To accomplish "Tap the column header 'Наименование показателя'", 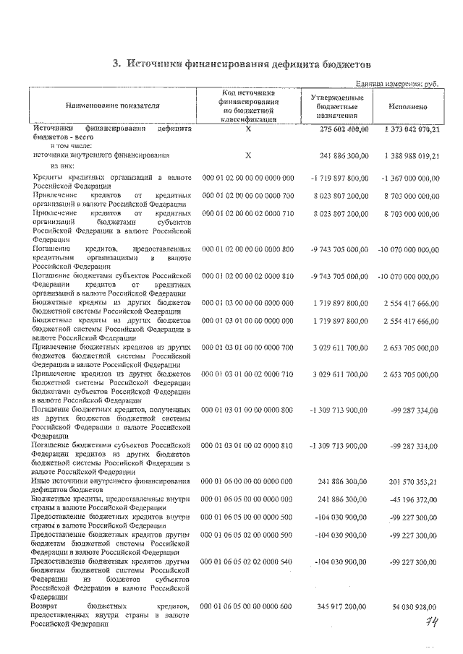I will (112, 106).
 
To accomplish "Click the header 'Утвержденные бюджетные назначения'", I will (336, 106).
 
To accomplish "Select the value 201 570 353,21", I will (409, 481).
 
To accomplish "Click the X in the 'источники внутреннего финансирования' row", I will (247, 155).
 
